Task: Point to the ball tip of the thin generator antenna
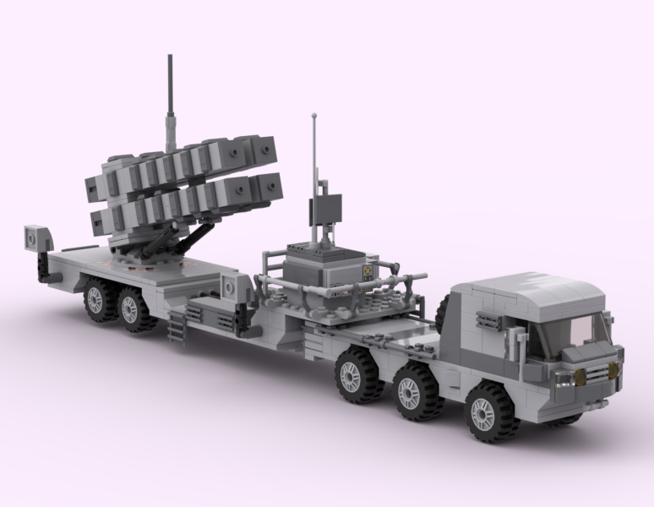313,113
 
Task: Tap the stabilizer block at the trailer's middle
228,287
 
